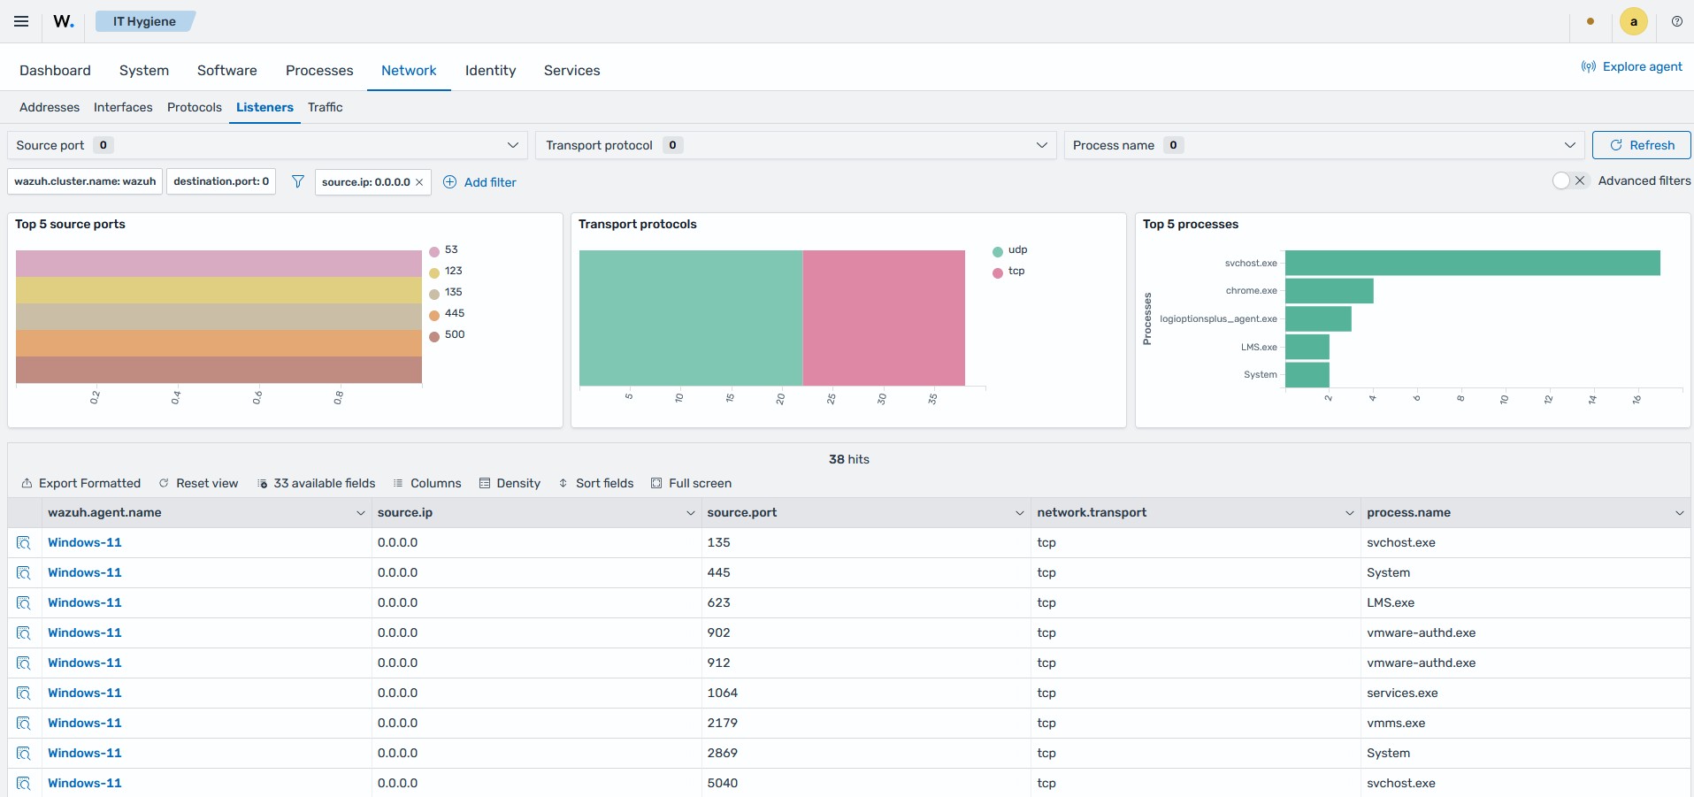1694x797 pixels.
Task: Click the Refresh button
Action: coord(1641,145)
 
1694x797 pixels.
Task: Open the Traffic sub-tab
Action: coord(325,107)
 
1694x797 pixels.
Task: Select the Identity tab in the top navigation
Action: coord(490,70)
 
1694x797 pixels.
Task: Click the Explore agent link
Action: coord(1632,66)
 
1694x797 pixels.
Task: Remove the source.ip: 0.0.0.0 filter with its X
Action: coord(419,182)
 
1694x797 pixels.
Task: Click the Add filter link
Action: coord(479,182)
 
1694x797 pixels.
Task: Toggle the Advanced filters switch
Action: coord(1571,180)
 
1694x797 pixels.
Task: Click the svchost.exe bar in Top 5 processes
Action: coord(1472,263)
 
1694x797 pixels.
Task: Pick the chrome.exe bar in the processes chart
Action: coord(1329,291)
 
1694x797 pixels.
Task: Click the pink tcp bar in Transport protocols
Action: coord(884,318)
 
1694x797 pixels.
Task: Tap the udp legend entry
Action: coord(1010,250)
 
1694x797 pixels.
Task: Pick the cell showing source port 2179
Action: coord(723,723)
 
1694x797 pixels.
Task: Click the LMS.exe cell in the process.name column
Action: coord(1391,602)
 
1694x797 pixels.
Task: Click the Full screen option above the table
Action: coord(692,483)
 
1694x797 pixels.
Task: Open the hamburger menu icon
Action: coord(21,21)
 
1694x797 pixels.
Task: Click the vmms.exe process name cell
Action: coord(1396,723)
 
